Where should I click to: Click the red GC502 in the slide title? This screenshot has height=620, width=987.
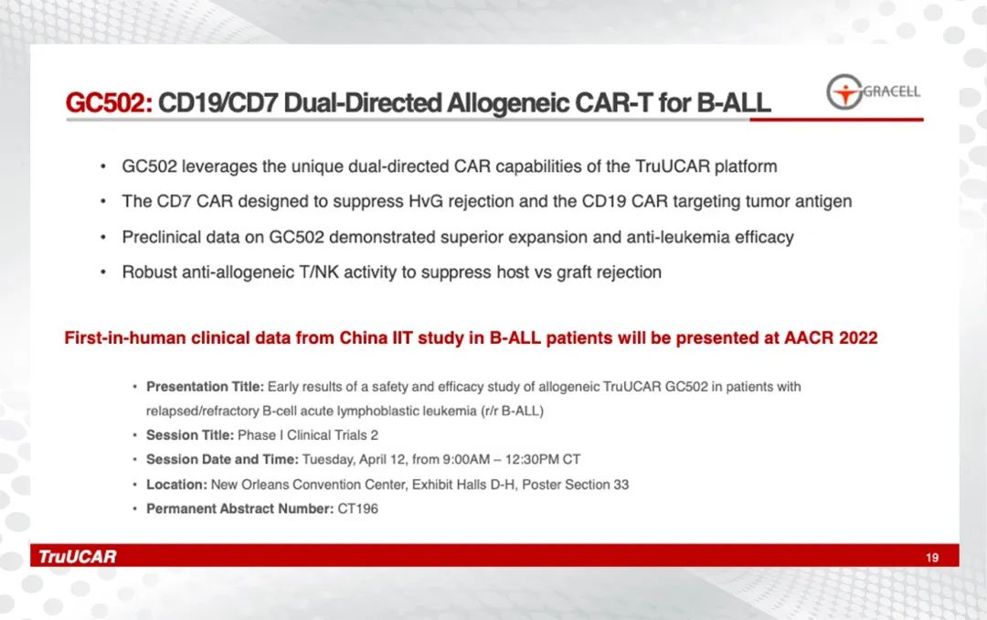[108, 102]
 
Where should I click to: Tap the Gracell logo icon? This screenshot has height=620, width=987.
[844, 92]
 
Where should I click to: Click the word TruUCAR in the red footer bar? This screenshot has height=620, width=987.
[78, 556]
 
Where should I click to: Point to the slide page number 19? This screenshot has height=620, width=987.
[932, 557]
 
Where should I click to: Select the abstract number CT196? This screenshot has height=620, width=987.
[357, 508]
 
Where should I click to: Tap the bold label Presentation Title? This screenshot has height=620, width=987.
[205, 386]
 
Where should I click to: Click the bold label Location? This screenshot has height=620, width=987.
[176, 484]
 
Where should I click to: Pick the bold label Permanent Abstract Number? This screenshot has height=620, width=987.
[239, 508]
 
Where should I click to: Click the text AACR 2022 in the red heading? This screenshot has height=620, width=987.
[830, 337]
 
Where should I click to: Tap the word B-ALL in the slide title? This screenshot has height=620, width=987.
[733, 102]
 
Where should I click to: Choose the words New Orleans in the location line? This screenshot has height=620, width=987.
[249, 484]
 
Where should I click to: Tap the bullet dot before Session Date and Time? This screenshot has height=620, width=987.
[134, 459]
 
